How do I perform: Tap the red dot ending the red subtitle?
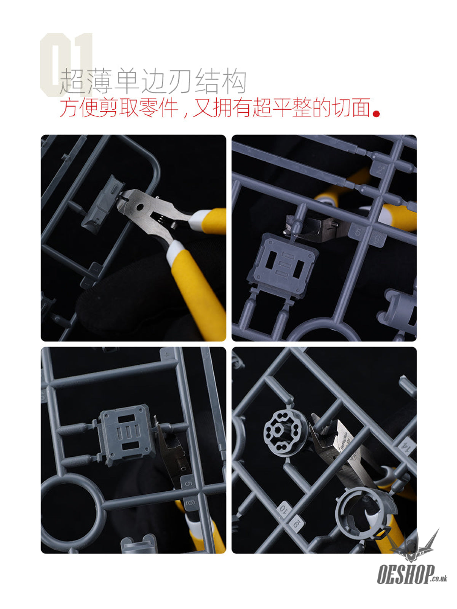[376, 114]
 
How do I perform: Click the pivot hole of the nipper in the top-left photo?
[140, 207]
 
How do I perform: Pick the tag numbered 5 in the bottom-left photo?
[188, 484]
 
